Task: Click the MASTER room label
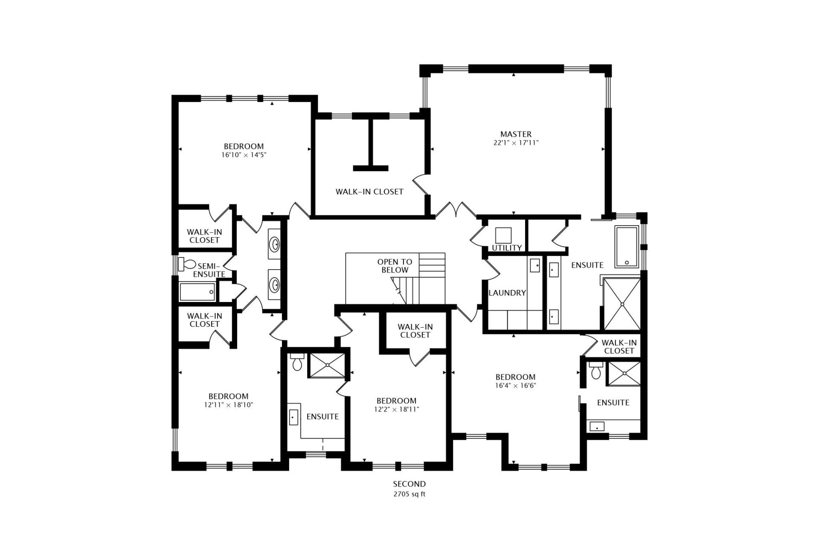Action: [516, 134]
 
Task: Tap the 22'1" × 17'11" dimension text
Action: [516, 143]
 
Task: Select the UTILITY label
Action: [507, 247]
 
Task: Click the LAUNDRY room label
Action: [507, 293]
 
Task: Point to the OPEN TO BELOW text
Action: [395, 266]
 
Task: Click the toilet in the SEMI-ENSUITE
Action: [186, 264]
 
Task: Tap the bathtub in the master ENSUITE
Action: [626, 247]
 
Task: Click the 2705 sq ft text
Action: [409, 494]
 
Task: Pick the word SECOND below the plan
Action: [409, 484]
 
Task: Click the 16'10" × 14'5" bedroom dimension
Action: [244, 155]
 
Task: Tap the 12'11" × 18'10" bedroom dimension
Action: [229, 405]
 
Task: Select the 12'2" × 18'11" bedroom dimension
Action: [396, 409]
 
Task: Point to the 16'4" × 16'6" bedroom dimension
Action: [515, 386]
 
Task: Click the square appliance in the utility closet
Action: [503, 235]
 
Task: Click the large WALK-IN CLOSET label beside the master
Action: [369, 192]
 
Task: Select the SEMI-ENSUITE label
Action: [209, 270]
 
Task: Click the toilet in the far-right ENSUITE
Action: [596, 372]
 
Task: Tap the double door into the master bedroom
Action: [455, 210]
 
